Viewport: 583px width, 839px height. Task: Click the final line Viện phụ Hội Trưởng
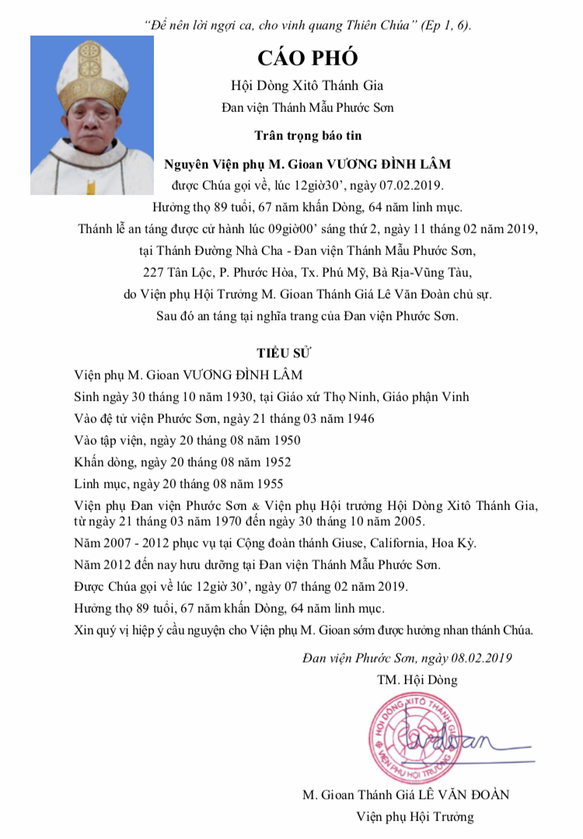[x=414, y=817]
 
